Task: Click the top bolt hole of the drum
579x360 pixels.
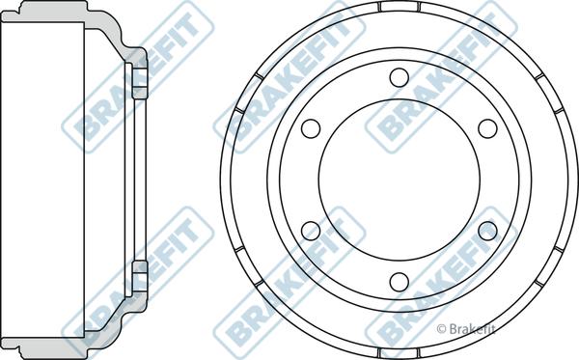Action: pos(399,77)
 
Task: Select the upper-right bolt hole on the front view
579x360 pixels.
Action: pos(487,127)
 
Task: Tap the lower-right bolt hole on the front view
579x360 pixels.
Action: pos(487,230)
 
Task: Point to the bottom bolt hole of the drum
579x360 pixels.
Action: pos(399,281)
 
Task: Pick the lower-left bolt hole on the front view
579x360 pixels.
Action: pos(311,230)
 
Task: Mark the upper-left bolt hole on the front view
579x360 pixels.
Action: pos(311,127)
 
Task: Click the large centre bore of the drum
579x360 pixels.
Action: pos(399,179)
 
